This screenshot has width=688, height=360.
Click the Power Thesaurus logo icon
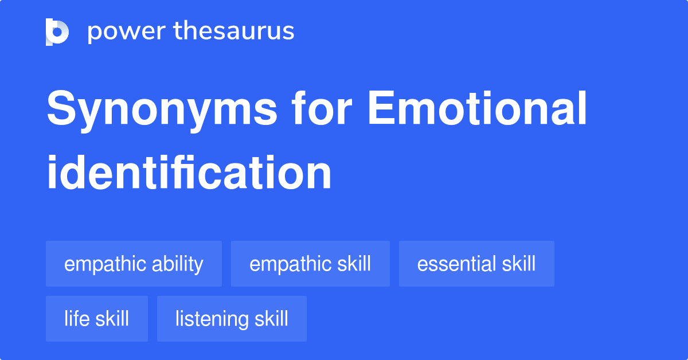[x=57, y=32]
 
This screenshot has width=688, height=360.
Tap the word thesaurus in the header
[x=234, y=32]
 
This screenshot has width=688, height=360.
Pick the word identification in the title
[x=189, y=173]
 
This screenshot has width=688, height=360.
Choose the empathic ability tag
[x=134, y=264]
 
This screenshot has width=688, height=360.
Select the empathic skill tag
[x=310, y=264]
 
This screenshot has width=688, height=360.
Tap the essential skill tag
[x=476, y=264]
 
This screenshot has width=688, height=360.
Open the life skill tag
[x=96, y=319]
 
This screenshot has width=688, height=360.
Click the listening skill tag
[x=232, y=319]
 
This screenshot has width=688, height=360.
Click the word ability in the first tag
[x=177, y=264]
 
